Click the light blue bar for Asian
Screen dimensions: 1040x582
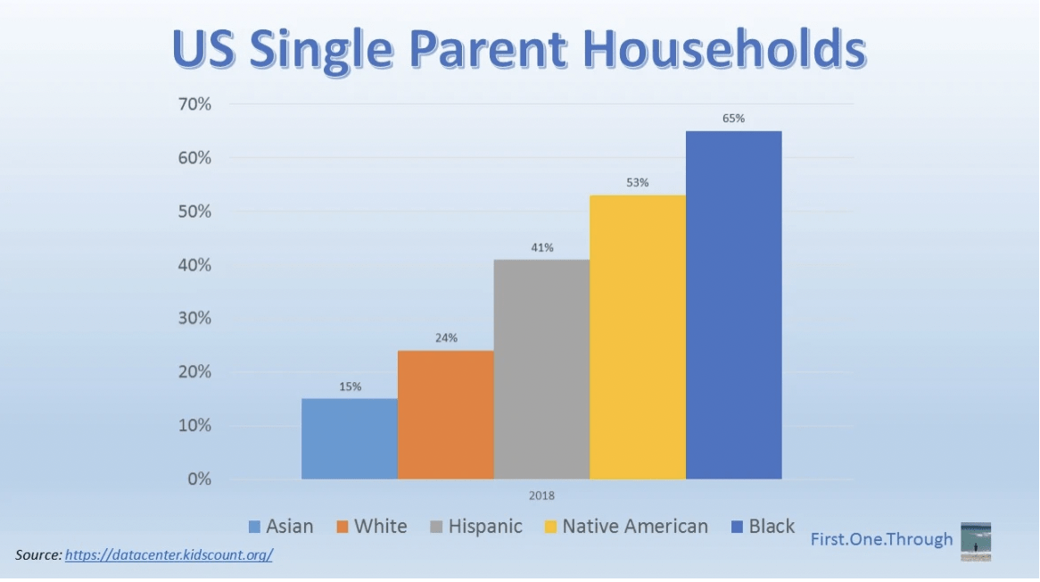click(350, 438)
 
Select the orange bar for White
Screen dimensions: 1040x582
click(446, 415)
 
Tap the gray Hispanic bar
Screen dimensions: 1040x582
click(542, 369)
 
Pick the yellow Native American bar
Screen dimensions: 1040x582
click(638, 337)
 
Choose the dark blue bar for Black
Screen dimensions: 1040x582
click(733, 305)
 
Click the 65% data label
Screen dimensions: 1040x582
click(733, 118)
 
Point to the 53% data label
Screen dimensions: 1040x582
click(638, 182)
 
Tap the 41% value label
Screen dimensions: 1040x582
click(542, 247)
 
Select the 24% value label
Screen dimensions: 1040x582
click(446, 337)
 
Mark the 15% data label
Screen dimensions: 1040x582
click(351, 387)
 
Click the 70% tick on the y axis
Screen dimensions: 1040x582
click(194, 104)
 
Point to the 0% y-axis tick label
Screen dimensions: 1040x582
click(199, 479)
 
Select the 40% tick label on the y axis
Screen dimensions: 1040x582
click(194, 265)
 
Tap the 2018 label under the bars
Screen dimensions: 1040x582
click(541, 495)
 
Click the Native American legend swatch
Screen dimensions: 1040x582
click(550, 527)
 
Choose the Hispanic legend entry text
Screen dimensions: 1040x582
click(485, 527)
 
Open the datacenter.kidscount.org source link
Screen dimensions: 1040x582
click(169, 555)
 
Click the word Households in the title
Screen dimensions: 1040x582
click(726, 49)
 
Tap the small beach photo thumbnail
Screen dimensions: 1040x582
click(976, 542)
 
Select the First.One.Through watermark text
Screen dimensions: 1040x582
click(881, 539)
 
